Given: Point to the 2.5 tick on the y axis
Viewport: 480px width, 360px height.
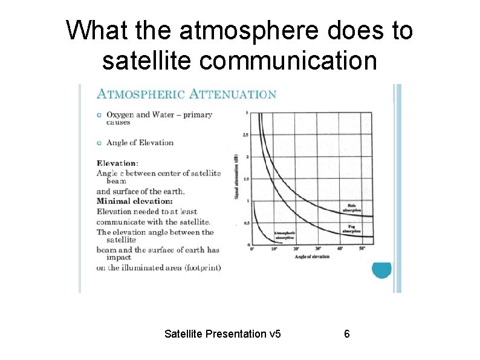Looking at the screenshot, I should point(245,134).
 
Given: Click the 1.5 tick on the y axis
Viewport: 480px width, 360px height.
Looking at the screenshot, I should point(245,179).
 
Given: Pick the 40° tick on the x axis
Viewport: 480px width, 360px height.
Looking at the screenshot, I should point(340,249).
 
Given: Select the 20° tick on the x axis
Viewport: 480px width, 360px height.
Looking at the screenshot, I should point(296,249).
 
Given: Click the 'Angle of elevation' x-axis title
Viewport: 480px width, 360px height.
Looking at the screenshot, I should point(312,257).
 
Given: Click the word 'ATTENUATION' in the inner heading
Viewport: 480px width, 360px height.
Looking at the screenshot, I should point(233,94).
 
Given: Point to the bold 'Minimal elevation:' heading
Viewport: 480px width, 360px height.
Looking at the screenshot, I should point(135,201).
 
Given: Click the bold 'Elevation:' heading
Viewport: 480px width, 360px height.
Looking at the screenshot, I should point(117,163).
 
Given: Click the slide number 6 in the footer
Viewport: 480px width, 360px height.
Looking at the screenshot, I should point(347,334).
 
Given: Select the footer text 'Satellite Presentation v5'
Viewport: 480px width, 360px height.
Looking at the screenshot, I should point(222,334).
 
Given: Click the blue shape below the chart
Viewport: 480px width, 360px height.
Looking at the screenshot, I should point(381,269).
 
